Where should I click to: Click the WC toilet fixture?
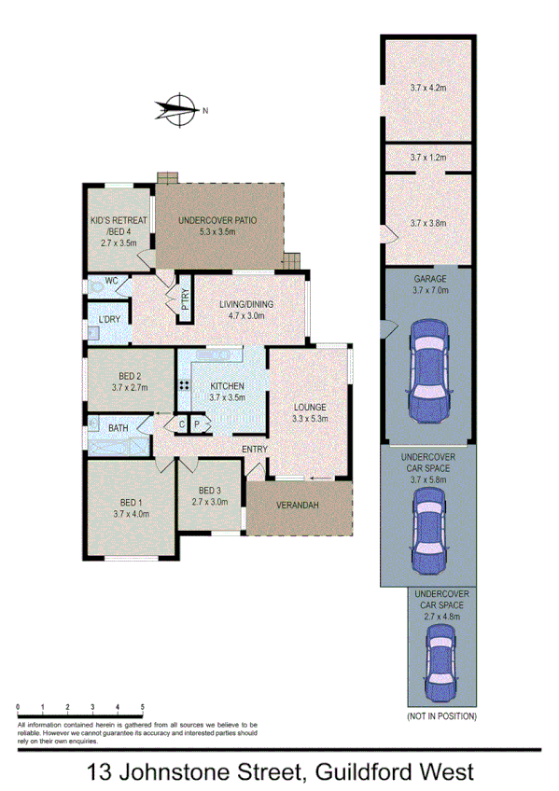(97, 288)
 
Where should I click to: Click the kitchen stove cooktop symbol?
(184, 385)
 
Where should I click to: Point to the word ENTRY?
(254, 450)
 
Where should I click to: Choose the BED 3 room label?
(210, 492)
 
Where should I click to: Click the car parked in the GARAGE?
(429, 371)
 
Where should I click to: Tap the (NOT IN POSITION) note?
(441, 716)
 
